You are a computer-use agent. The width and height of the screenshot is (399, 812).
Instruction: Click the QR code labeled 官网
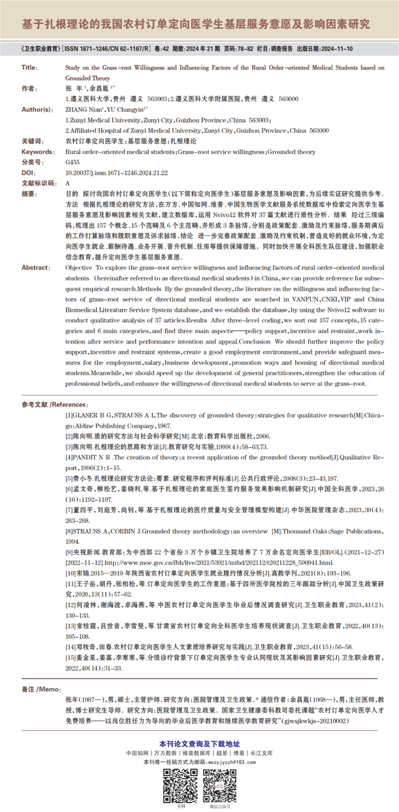[x=180, y=785]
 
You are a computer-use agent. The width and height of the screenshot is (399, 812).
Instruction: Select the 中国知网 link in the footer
[x=136, y=753]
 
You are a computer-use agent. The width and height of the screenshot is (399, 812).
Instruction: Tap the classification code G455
[x=73, y=163]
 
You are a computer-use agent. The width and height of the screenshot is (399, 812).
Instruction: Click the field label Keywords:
[x=37, y=152]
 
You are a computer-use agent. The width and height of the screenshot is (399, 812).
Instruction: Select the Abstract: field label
[x=35, y=268]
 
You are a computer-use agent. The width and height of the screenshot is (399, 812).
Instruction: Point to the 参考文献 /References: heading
[x=55, y=404]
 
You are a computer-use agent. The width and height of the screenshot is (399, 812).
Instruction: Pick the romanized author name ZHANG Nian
[x=80, y=109]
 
